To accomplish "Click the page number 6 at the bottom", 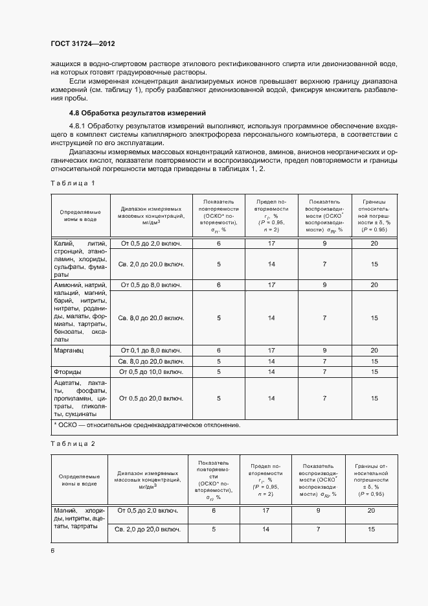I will (53, 550).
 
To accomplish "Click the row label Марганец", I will (71, 350).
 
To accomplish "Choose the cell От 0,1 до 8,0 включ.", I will (151, 350).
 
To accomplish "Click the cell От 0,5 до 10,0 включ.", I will (151, 372).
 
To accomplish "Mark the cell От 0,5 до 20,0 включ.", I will (151, 399).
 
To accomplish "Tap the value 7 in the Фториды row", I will (324, 372).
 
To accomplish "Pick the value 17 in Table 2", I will (265, 511).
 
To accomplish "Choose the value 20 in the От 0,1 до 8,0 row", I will (374, 350).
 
